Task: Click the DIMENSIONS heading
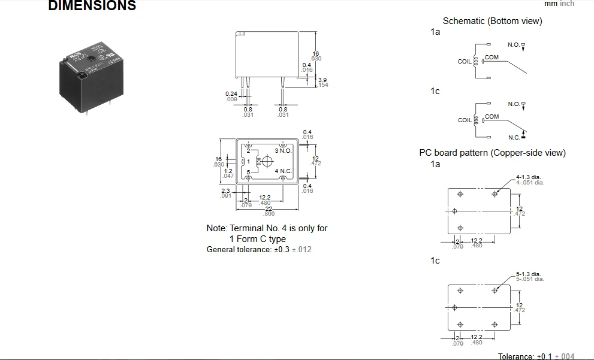coord(92,6)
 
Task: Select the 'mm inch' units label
coord(559,4)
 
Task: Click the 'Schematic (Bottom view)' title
coord(492,21)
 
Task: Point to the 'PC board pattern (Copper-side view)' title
coord(492,153)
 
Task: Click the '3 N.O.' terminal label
coord(283,150)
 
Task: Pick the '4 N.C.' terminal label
coord(283,171)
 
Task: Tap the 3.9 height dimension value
coord(322,80)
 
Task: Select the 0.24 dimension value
coord(231,94)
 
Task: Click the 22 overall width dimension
coord(269,208)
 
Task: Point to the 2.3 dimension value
coord(225,191)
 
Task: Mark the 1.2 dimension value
coord(228,171)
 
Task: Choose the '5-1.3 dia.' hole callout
coord(529,274)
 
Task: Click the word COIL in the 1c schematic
coord(465,120)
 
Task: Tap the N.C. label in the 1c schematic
coord(514,137)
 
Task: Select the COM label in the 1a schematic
coord(492,58)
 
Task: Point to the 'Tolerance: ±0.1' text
coord(524,356)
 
